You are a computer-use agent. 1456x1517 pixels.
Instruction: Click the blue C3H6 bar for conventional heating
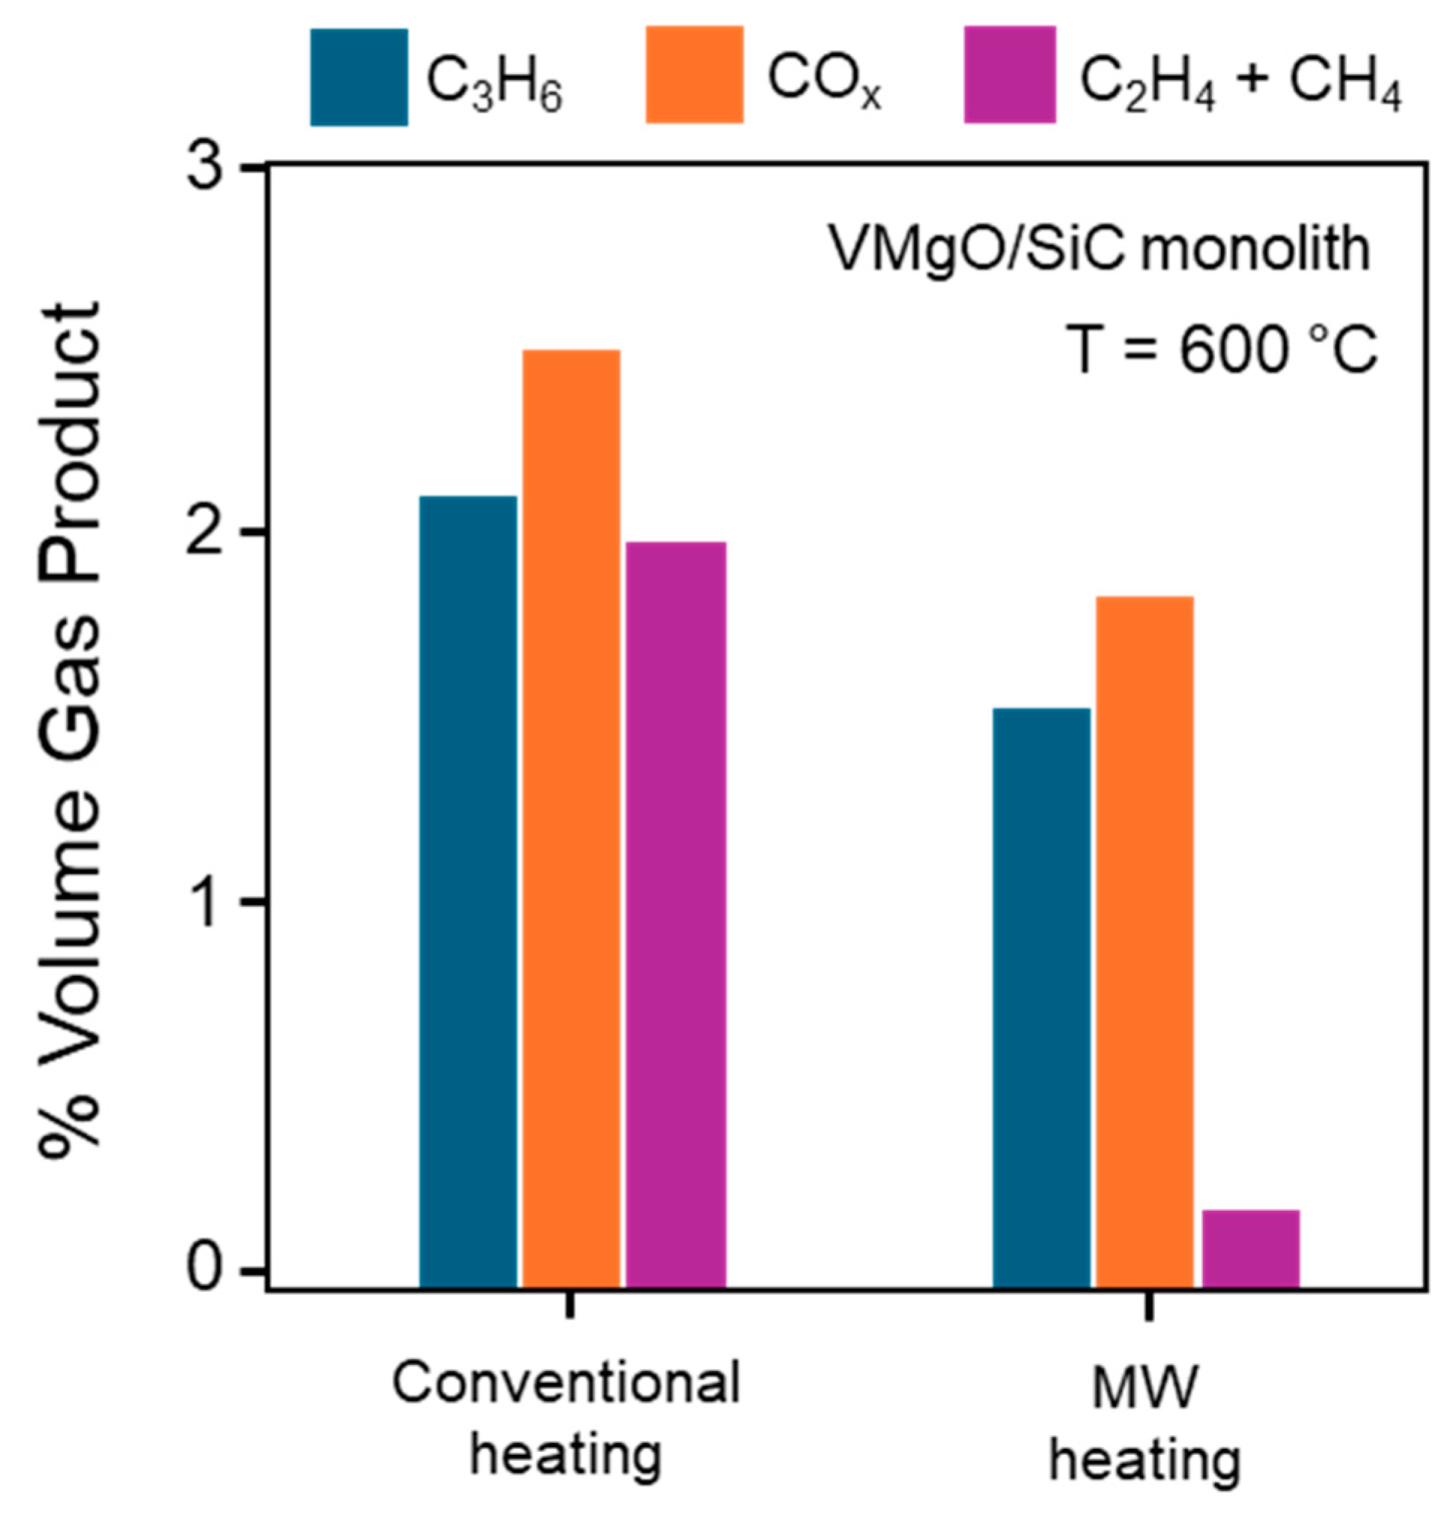tap(468, 890)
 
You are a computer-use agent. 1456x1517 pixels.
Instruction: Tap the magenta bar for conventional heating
tap(676, 913)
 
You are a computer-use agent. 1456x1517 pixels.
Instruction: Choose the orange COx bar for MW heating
tap(1145, 941)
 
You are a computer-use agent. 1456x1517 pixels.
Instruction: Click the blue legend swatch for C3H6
tap(359, 76)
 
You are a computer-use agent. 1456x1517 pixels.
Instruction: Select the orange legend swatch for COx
tap(695, 75)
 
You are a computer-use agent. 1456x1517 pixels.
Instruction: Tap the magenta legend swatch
tap(1009, 75)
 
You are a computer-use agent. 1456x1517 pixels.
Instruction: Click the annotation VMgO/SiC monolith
tap(1099, 250)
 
